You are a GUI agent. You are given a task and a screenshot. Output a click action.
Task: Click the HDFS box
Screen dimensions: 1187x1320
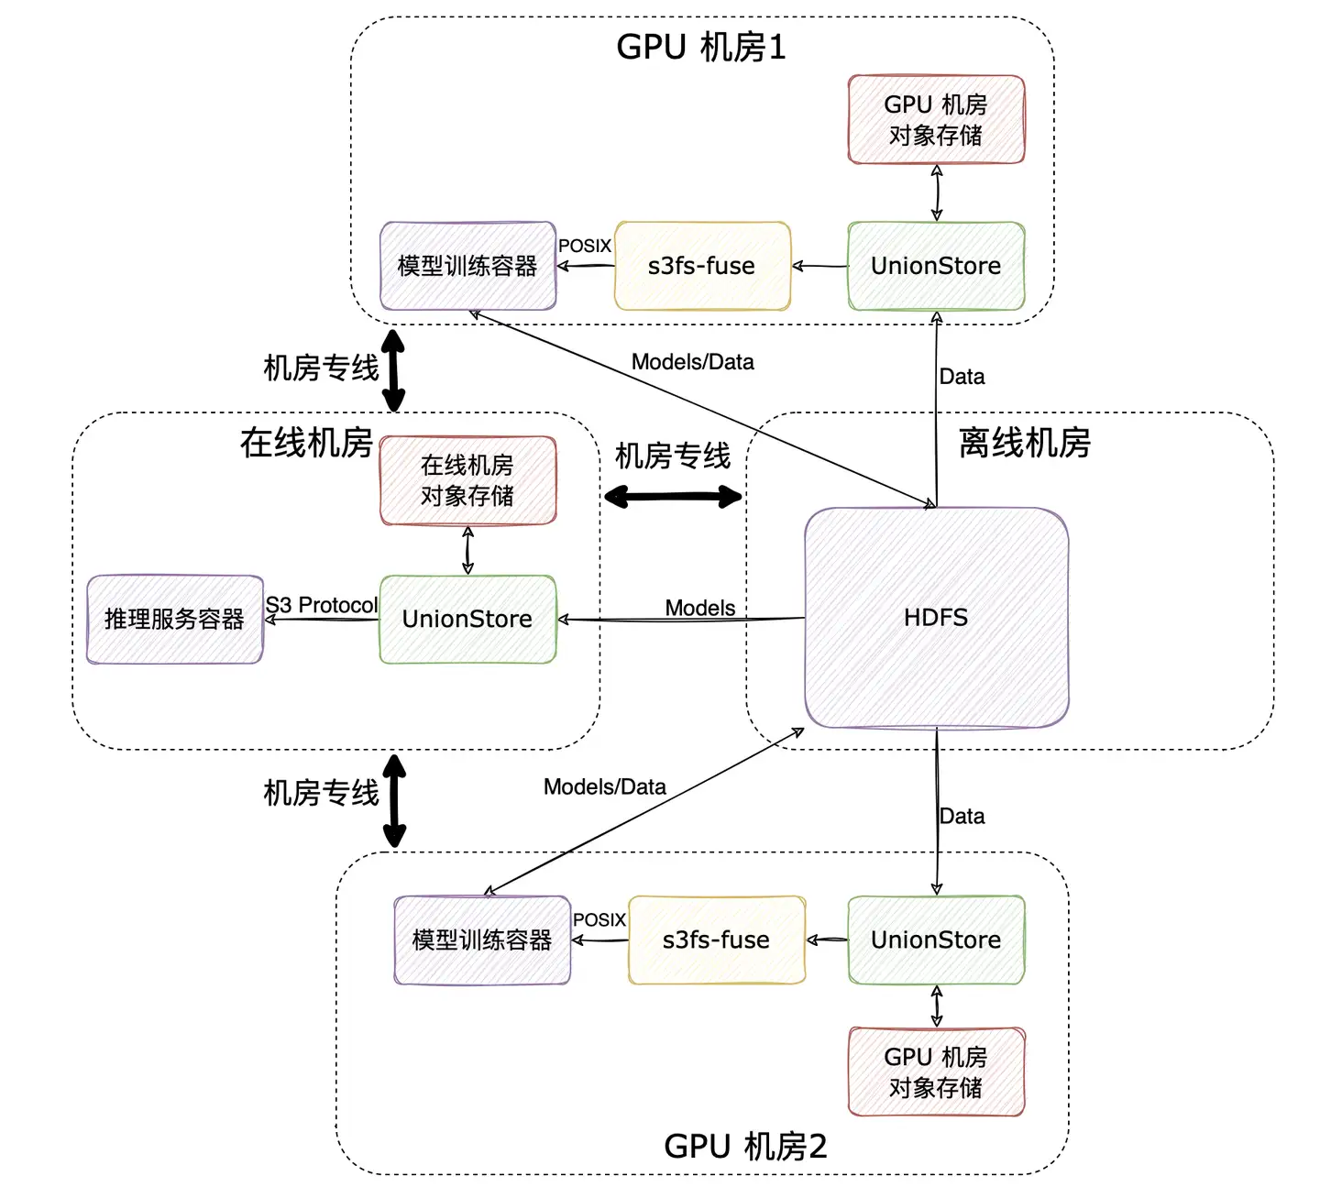coord(936,618)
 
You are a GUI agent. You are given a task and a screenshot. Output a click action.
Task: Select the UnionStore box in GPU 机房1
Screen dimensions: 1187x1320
coord(936,266)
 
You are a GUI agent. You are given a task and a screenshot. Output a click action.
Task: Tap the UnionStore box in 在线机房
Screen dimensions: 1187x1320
coord(467,619)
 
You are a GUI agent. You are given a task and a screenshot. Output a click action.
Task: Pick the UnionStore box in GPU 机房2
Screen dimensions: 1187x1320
coord(936,940)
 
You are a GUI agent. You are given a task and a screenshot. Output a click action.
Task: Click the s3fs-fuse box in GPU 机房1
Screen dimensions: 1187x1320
coord(702,266)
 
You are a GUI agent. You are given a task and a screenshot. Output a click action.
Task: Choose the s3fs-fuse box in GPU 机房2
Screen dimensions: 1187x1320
coord(717,940)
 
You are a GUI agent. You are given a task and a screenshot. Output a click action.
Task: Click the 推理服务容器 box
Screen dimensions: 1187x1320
coord(174,619)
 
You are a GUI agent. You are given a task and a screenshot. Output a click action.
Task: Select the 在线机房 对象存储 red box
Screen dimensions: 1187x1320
coord(467,480)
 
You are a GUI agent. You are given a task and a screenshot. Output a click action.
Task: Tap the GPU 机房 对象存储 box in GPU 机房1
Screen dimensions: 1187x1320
coord(936,119)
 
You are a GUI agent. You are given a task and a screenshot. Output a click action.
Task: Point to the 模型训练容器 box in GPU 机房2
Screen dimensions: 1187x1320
coord(482,940)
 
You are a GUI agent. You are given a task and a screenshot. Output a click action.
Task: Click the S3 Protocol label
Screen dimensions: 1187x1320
coord(322,605)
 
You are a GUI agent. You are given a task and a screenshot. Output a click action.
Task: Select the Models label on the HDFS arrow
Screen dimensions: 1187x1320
coord(700,608)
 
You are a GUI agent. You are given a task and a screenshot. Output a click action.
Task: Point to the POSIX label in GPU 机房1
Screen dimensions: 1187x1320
coord(585,246)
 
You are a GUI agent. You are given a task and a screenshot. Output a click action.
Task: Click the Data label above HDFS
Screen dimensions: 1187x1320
coord(962,377)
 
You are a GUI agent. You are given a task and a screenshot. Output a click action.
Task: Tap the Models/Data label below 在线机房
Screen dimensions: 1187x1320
coord(605,786)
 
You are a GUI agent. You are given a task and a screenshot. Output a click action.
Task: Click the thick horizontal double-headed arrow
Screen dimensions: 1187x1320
coord(673,498)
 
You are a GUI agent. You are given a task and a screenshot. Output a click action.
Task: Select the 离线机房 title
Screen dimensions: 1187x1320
coord(1025,443)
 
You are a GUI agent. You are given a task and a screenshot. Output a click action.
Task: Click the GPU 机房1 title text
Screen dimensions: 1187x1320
coord(701,47)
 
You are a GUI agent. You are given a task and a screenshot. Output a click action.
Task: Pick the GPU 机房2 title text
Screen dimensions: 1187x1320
coord(745,1146)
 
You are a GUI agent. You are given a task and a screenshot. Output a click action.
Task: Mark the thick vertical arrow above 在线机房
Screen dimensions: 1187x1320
coord(393,371)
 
